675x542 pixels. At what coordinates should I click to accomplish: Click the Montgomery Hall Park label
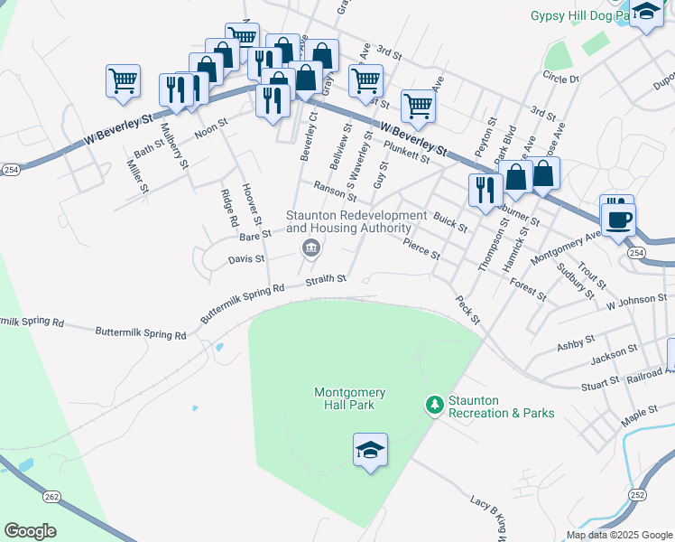pos(350,398)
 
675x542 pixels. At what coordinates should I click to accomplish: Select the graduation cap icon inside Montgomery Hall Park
pos(370,450)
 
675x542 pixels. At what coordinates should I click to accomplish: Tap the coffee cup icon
pos(619,220)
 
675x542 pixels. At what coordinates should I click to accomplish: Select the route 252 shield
pos(637,495)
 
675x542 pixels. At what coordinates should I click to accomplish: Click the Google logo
pos(30,531)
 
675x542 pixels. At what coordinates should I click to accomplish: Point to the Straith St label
pos(326,279)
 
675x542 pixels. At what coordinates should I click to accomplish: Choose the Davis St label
pos(245,259)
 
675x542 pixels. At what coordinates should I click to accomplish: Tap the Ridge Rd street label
pos(229,208)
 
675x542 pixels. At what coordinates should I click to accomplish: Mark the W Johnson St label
pos(637,298)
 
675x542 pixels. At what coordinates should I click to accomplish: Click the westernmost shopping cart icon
pos(123,80)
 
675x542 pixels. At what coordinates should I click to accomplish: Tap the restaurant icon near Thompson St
pos(485,191)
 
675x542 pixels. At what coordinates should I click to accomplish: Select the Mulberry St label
pos(173,145)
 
